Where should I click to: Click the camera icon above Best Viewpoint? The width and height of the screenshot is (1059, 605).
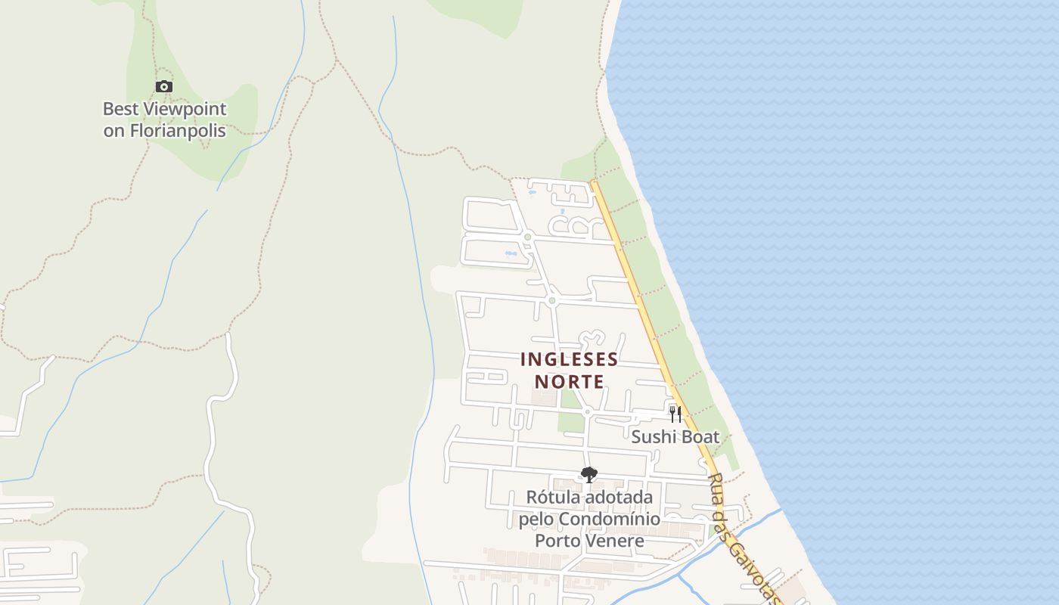click(x=164, y=87)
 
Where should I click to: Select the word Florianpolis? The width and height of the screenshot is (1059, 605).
click(x=177, y=131)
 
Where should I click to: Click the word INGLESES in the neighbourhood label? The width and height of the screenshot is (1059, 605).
click(x=569, y=359)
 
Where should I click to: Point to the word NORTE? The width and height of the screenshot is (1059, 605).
click(x=569, y=381)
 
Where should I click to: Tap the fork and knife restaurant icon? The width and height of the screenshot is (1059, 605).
click(x=675, y=414)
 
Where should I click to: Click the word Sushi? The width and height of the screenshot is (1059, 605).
click(x=654, y=436)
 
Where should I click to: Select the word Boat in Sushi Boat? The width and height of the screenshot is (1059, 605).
click(x=700, y=436)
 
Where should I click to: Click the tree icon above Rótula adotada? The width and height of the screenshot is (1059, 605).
click(x=589, y=475)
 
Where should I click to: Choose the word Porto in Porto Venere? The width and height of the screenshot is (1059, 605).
click(x=558, y=541)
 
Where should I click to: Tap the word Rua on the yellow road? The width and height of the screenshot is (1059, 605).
click(x=715, y=485)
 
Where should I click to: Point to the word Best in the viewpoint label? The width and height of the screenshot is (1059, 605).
click(x=120, y=109)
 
